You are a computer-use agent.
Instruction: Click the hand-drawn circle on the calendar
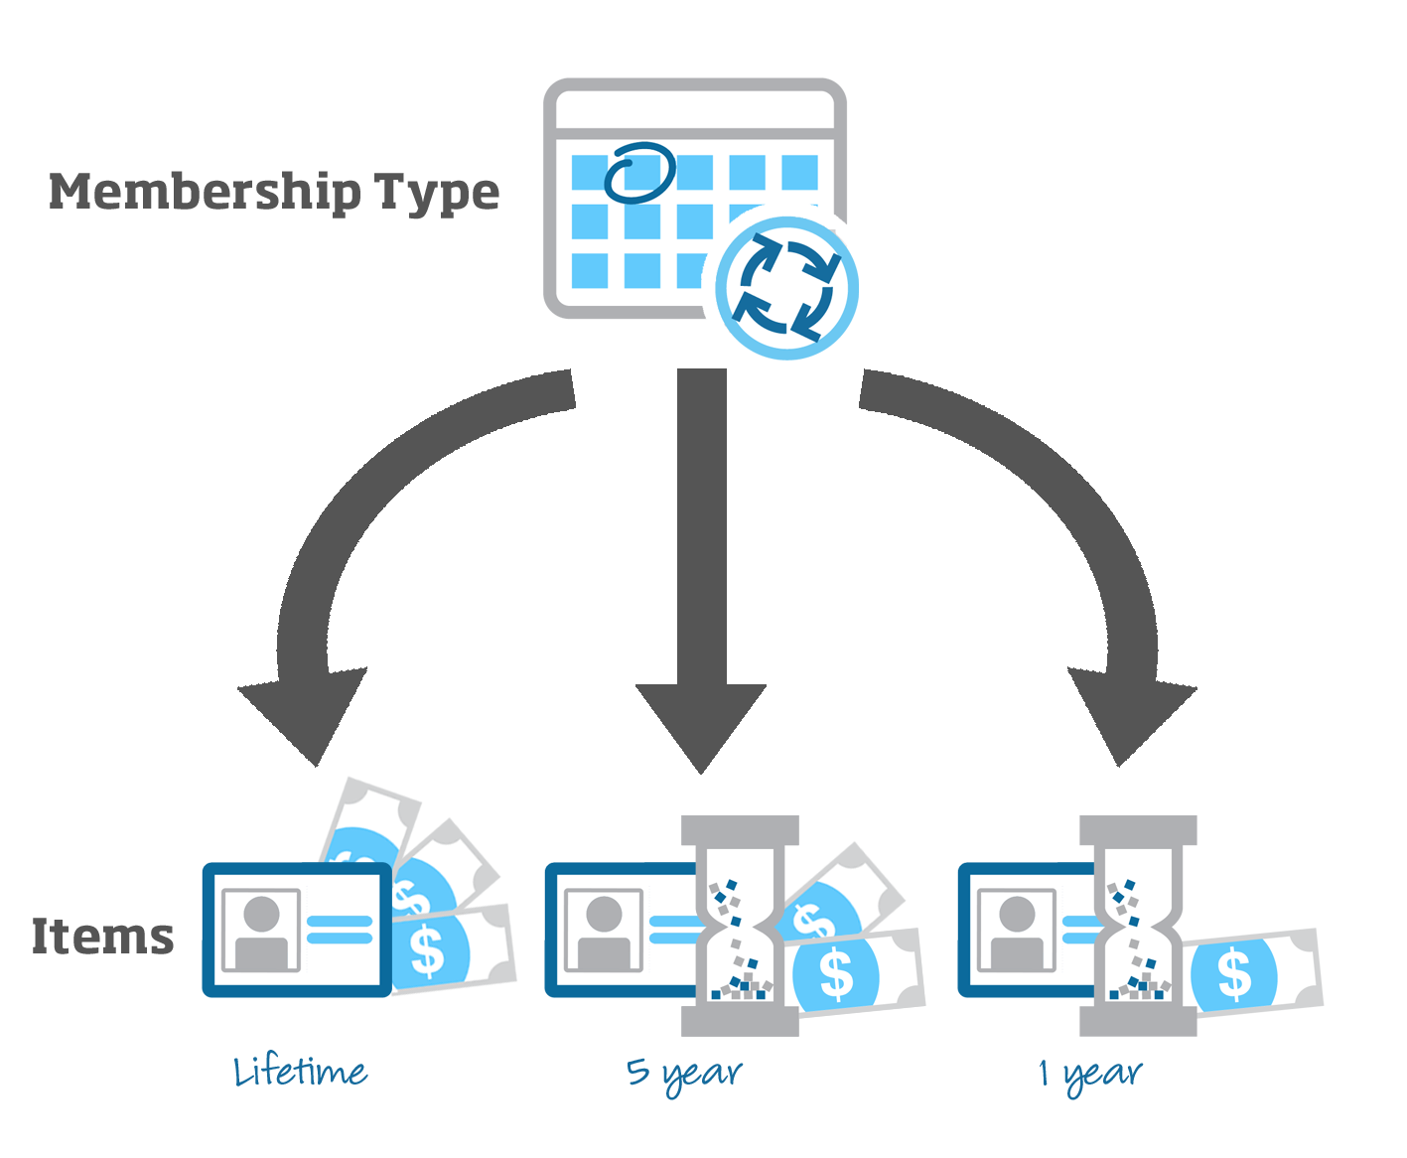coord(640,172)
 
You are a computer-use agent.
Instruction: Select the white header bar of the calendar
coord(694,110)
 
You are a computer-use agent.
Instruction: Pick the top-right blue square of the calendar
coord(799,172)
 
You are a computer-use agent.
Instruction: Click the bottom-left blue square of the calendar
coord(590,270)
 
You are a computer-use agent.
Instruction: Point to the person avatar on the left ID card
coord(261,930)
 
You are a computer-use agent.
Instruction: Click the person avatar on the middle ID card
coord(603,930)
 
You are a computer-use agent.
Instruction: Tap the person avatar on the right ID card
coord(1016,930)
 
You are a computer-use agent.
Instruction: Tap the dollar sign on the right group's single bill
coord(1234,973)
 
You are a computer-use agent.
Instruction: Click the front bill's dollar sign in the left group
coord(427,949)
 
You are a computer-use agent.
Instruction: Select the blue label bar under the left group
coord(301,1068)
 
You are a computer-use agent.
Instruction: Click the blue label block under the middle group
coord(684,1079)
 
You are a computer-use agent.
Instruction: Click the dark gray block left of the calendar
coord(274,193)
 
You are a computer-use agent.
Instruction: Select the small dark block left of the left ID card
coord(103,936)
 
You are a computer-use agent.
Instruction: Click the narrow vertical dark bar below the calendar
coord(702,526)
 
